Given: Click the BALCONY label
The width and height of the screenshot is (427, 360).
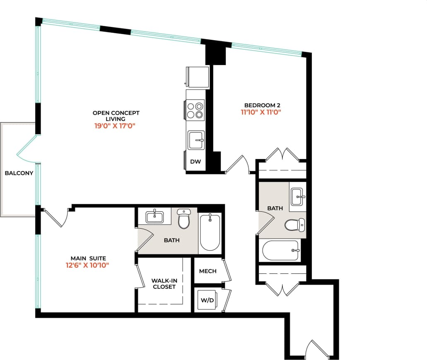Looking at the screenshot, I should (x=19, y=173).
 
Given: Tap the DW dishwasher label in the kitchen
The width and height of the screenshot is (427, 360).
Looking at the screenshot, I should (x=195, y=162).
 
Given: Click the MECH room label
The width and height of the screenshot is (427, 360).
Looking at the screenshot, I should (x=207, y=271).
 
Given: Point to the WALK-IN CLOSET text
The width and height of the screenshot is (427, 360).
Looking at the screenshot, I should (x=164, y=283).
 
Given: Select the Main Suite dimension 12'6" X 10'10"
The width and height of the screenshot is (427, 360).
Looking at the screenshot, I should (x=87, y=266).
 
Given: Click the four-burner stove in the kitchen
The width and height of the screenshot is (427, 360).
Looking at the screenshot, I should (x=195, y=110).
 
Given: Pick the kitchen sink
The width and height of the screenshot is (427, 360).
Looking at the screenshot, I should (x=196, y=140).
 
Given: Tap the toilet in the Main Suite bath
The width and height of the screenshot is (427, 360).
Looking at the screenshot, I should (x=183, y=219).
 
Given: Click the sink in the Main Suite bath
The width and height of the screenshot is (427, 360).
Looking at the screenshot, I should (x=154, y=216).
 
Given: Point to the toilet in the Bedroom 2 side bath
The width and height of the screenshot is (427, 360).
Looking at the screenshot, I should (x=294, y=225).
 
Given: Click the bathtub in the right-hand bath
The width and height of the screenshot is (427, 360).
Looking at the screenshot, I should (x=281, y=250).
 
